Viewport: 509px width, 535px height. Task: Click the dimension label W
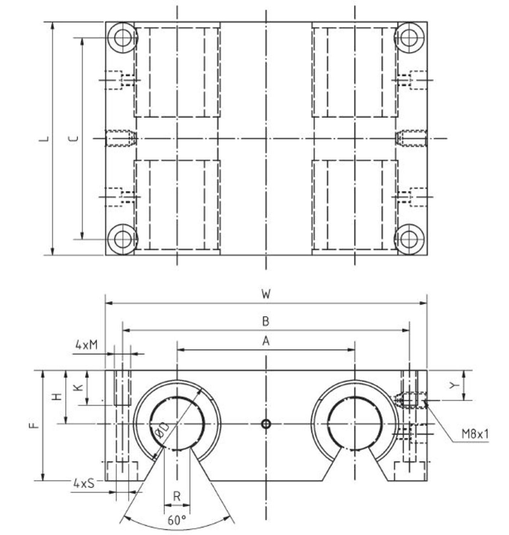pos(266,294)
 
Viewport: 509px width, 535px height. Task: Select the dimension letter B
pos(266,321)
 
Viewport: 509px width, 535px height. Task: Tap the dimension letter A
pos(266,341)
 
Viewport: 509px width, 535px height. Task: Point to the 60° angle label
pos(177,520)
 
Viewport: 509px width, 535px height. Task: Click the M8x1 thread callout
pos(475,434)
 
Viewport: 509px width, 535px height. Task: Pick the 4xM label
pos(86,345)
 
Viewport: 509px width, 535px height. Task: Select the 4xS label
pos(84,483)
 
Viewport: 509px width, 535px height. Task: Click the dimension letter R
pos(177,496)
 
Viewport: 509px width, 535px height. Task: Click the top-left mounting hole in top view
pos(122,38)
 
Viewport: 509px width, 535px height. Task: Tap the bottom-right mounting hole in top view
pos(410,239)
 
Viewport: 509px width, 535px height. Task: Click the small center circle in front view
pos(266,424)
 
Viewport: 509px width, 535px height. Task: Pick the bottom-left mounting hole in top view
pos(122,239)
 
